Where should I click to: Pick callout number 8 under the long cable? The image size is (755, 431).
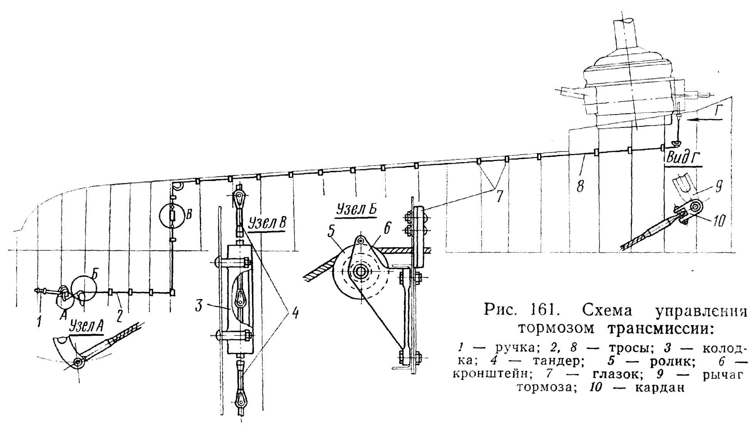pyautogui.click(x=580, y=186)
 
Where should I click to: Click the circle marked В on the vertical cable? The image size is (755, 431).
pyautogui.click(x=172, y=216)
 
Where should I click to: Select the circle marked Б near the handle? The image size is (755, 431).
pyautogui.click(x=84, y=288)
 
